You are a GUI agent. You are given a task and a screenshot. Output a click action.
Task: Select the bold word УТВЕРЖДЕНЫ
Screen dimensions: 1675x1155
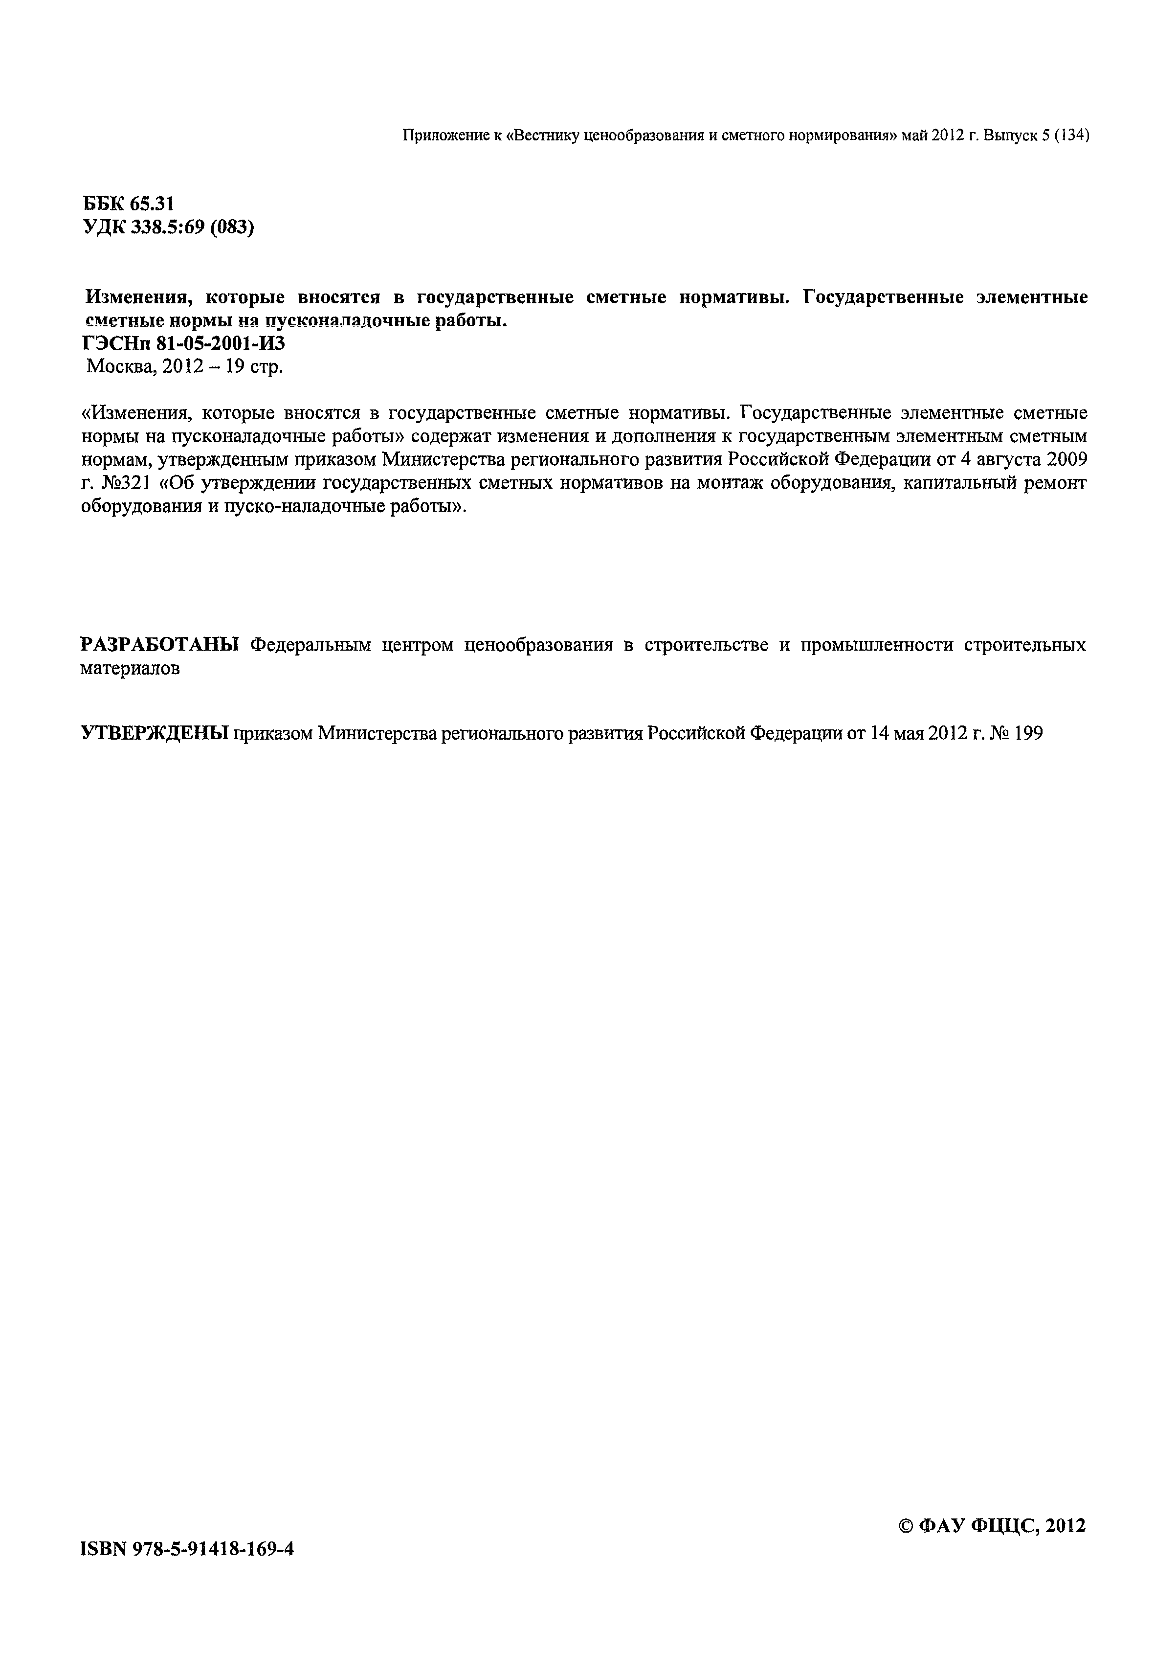(154, 733)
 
